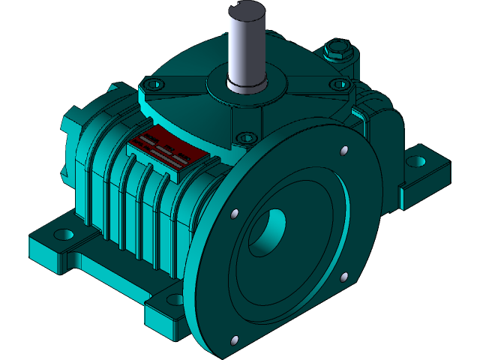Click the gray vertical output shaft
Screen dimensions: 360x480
[247, 52]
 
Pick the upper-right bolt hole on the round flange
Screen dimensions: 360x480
[344, 151]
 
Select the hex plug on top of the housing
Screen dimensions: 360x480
[335, 53]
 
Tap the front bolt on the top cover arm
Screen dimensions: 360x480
[244, 138]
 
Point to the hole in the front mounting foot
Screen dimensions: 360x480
[175, 300]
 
